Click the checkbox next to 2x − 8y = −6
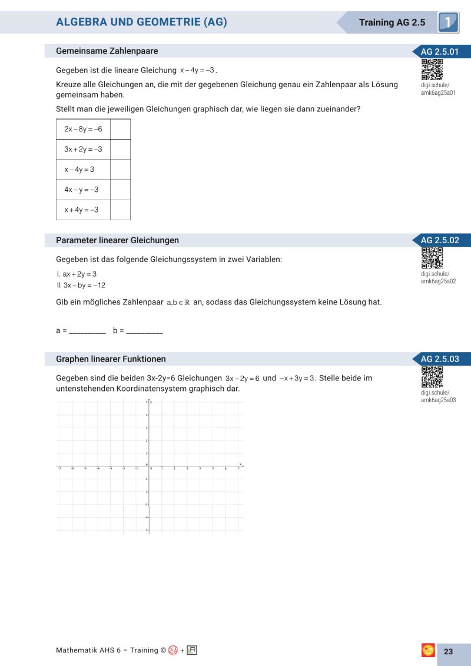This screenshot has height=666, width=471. [x=120, y=129]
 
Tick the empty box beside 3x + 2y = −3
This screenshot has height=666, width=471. [x=120, y=150]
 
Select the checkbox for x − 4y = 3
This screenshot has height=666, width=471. [x=120, y=170]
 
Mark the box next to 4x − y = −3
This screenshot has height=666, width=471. [x=120, y=190]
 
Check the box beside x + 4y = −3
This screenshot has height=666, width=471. [x=120, y=210]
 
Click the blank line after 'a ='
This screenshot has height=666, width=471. [x=87, y=332]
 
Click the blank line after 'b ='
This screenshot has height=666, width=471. [x=144, y=332]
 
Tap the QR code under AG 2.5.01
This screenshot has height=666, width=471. [x=432, y=69]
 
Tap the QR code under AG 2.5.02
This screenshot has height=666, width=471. [x=432, y=258]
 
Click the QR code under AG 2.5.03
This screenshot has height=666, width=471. [x=432, y=377]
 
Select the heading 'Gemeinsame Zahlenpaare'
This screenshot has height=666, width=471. [x=107, y=51]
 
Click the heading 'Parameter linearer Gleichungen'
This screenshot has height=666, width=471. [x=117, y=240]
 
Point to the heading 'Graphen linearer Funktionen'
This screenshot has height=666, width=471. [x=111, y=359]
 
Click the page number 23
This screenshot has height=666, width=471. [x=448, y=651]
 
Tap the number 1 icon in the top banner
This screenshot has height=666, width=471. [x=448, y=22]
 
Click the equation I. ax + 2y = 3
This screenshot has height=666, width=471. [x=77, y=274]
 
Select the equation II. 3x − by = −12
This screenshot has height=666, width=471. [x=81, y=286]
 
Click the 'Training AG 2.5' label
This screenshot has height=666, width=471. [x=392, y=22]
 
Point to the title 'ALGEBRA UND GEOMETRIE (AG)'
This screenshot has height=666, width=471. [x=141, y=22]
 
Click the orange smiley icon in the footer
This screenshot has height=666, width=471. [x=428, y=651]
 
